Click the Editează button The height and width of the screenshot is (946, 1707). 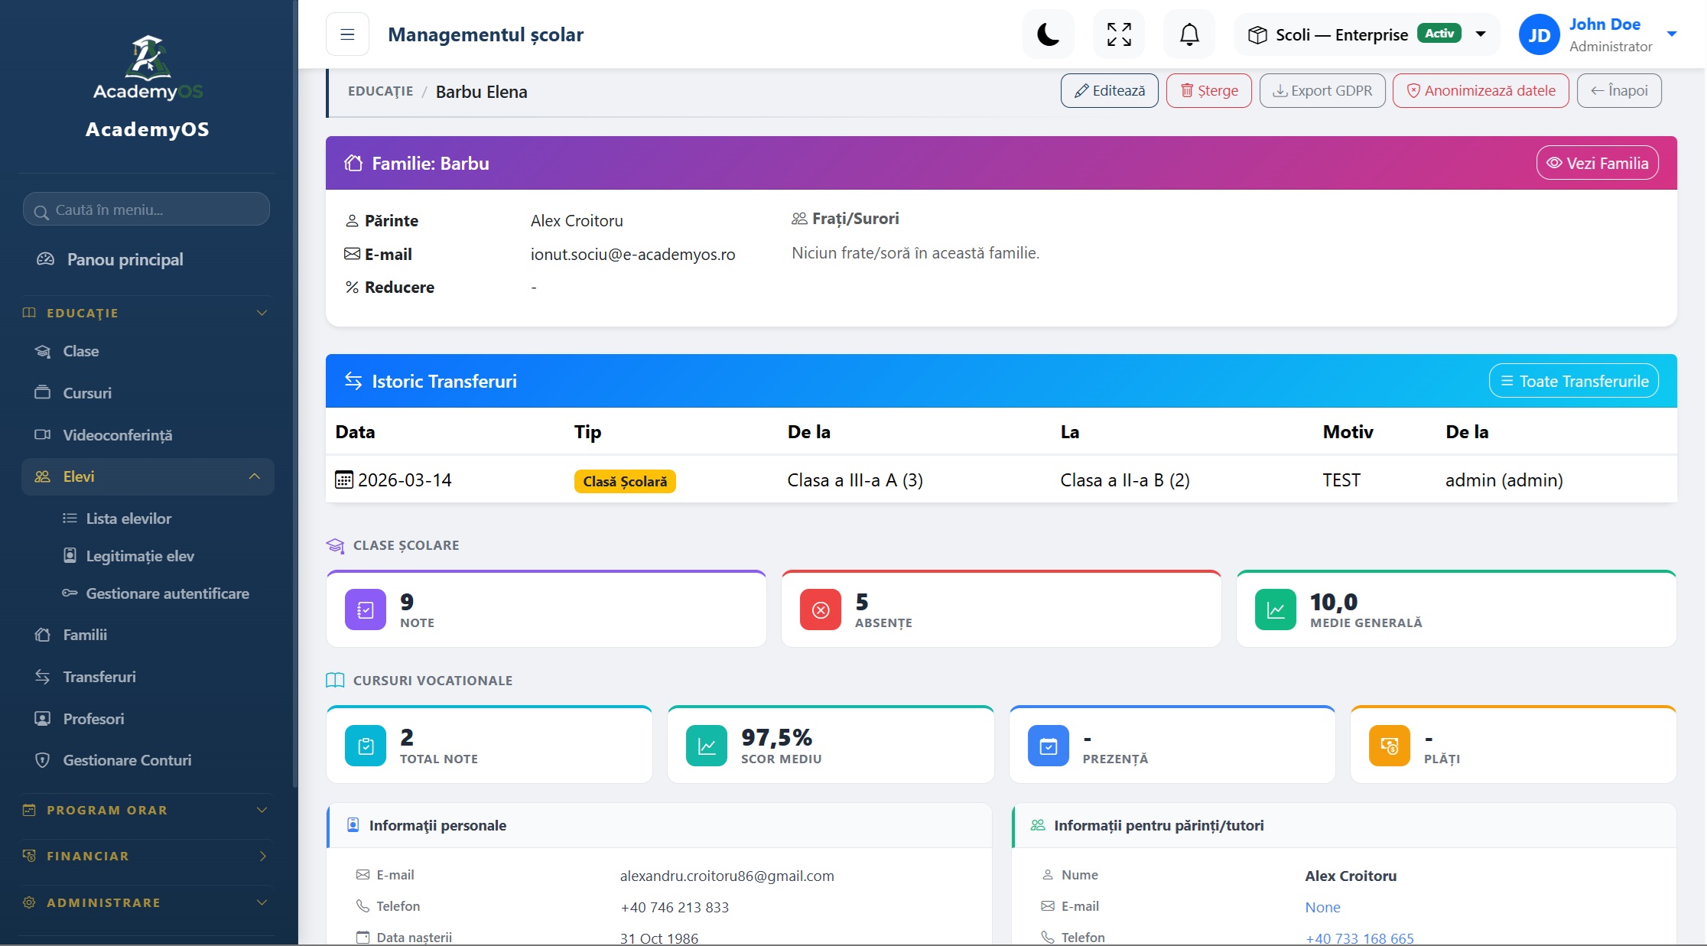(1109, 91)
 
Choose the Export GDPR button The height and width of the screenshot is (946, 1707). (1322, 91)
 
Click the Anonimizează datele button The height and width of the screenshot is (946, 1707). (1481, 91)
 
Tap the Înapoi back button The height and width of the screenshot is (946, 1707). (1619, 91)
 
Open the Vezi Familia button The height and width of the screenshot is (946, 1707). (1597, 163)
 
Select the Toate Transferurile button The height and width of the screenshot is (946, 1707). (1574, 381)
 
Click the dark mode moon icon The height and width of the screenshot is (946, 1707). (1048, 34)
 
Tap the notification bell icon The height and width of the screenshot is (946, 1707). (1189, 34)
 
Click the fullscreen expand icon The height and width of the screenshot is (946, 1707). (1119, 34)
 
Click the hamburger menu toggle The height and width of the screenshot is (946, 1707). (347, 34)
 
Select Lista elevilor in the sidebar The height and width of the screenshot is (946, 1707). (128, 519)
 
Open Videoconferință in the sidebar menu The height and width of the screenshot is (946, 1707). (118, 435)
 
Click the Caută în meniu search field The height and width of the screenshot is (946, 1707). (146, 210)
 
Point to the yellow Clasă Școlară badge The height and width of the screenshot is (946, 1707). (625, 481)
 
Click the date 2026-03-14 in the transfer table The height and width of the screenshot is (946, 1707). (405, 480)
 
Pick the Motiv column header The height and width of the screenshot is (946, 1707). (1348, 432)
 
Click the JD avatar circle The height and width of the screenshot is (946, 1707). (1539, 35)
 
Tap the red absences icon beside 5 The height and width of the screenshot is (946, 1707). (821, 610)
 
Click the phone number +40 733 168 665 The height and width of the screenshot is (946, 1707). (1359, 938)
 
